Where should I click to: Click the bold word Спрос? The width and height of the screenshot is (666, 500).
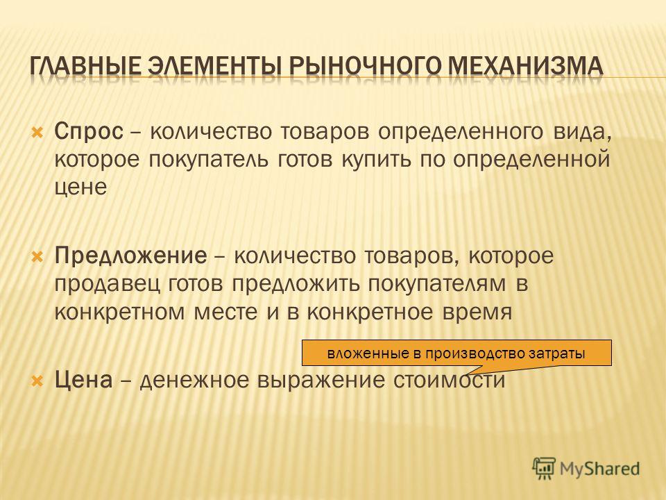[89, 132]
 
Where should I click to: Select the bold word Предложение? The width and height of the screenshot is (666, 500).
[131, 256]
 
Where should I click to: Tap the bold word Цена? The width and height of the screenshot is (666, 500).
[84, 380]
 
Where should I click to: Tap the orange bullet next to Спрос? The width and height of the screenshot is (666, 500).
[37, 133]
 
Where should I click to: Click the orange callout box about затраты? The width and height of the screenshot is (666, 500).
[456, 353]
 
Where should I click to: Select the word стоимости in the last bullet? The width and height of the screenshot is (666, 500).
[449, 381]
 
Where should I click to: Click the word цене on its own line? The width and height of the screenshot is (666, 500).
[80, 187]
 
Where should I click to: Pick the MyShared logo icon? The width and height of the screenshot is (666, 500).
[544, 469]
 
